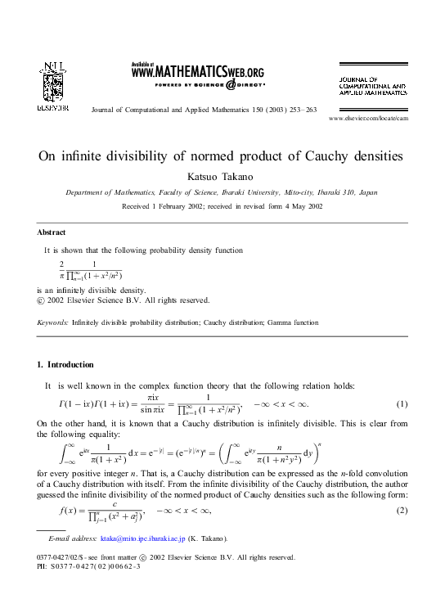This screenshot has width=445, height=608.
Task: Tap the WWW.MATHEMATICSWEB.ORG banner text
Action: (x=197, y=72)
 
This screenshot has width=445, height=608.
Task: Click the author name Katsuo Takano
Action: (x=222, y=176)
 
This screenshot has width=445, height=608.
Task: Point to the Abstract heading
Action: (x=52, y=232)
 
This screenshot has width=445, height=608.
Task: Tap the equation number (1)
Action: (x=402, y=404)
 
